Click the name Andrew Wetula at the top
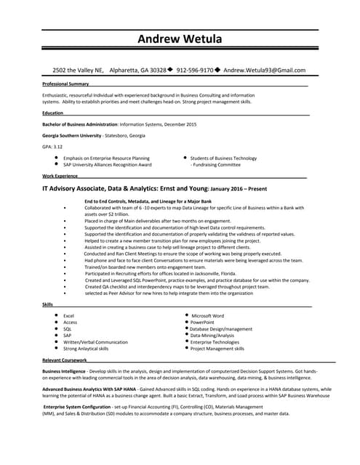180,39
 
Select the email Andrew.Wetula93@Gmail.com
264,70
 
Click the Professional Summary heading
65,84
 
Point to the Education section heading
52,113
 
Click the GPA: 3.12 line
53,147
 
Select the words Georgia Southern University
71,135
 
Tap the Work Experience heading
60,176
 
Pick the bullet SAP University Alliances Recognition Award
108,165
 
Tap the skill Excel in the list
69,316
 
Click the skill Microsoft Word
207,316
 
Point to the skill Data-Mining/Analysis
212,336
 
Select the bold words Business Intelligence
64,371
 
